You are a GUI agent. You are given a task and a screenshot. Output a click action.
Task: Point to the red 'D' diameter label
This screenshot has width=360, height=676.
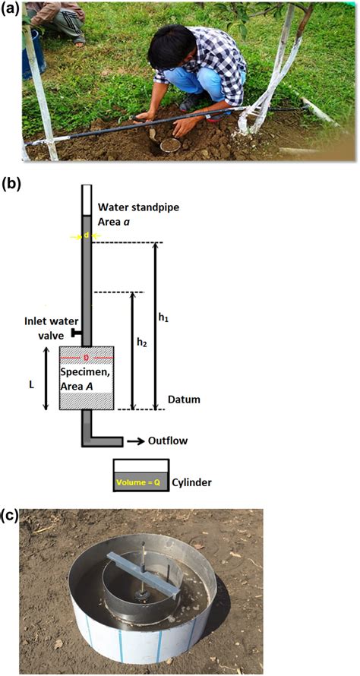click(x=87, y=355)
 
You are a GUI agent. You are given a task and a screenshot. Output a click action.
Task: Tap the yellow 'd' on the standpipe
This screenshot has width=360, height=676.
click(x=87, y=236)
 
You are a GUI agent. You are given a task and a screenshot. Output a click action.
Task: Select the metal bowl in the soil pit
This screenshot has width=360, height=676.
click(x=170, y=144)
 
